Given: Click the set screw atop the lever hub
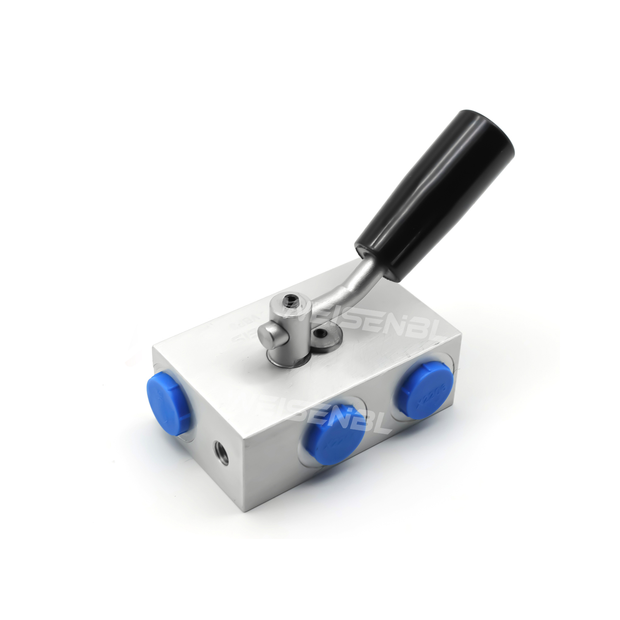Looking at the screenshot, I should [292, 300].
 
